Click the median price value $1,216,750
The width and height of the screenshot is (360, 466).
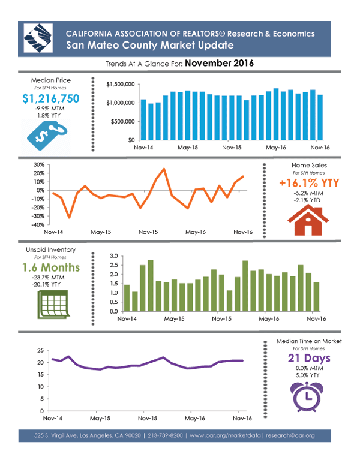tap(50, 99)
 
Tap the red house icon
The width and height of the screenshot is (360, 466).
tap(304, 221)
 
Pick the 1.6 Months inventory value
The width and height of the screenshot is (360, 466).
tap(50, 266)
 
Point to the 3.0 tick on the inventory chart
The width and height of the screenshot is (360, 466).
tap(115, 257)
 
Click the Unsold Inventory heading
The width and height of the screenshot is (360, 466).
tap(51, 249)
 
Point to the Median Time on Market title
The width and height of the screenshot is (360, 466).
tap(309, 341)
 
